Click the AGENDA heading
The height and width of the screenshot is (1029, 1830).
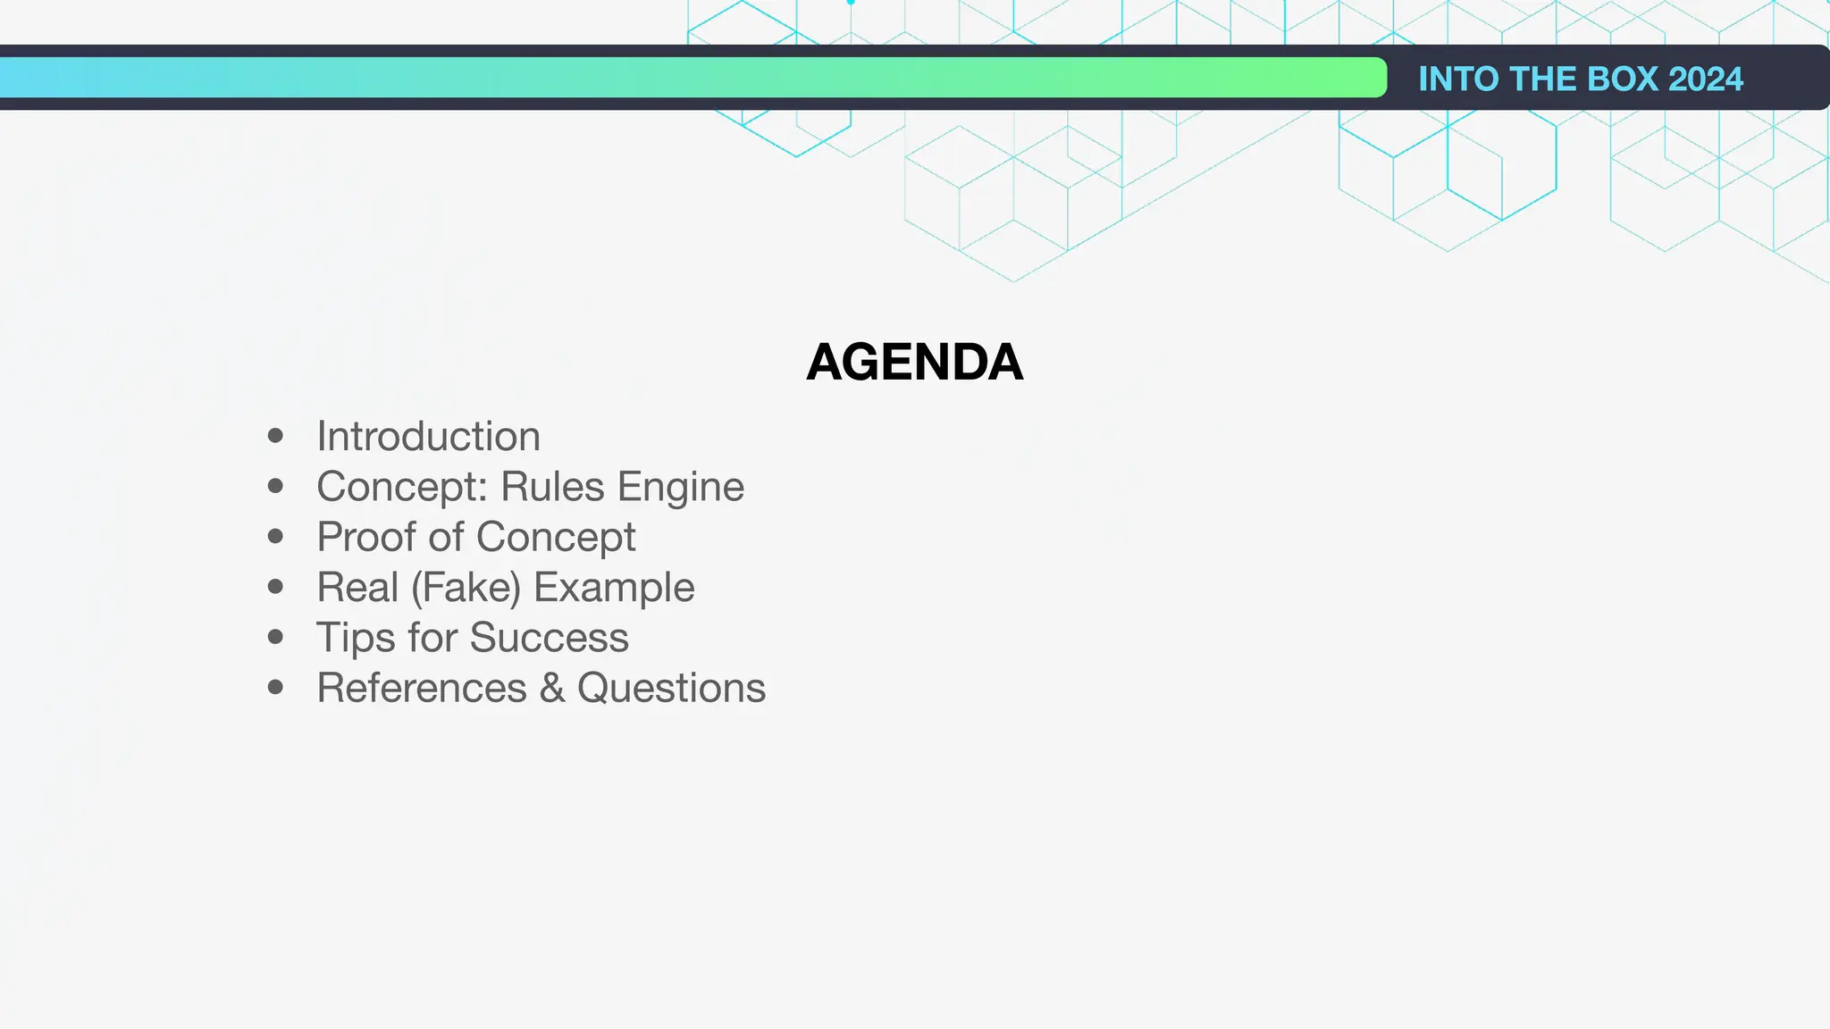914,362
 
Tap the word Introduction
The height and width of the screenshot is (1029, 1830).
428,437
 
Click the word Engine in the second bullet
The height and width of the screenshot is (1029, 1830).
680,488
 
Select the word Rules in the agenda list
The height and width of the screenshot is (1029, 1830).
552,487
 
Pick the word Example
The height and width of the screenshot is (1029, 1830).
614,588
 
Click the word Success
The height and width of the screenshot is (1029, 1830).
549,638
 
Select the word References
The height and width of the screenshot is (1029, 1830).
422,688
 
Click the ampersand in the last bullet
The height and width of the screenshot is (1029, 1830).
552,688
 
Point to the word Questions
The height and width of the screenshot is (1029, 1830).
671,688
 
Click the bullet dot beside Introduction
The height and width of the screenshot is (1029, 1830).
275,436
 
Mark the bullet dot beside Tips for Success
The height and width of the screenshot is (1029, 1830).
275,637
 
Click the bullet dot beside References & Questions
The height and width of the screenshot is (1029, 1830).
275,687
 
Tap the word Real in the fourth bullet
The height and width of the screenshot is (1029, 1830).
357,588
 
